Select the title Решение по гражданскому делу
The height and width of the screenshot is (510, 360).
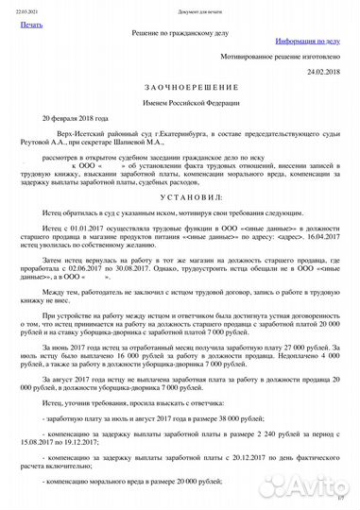[180, 32]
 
